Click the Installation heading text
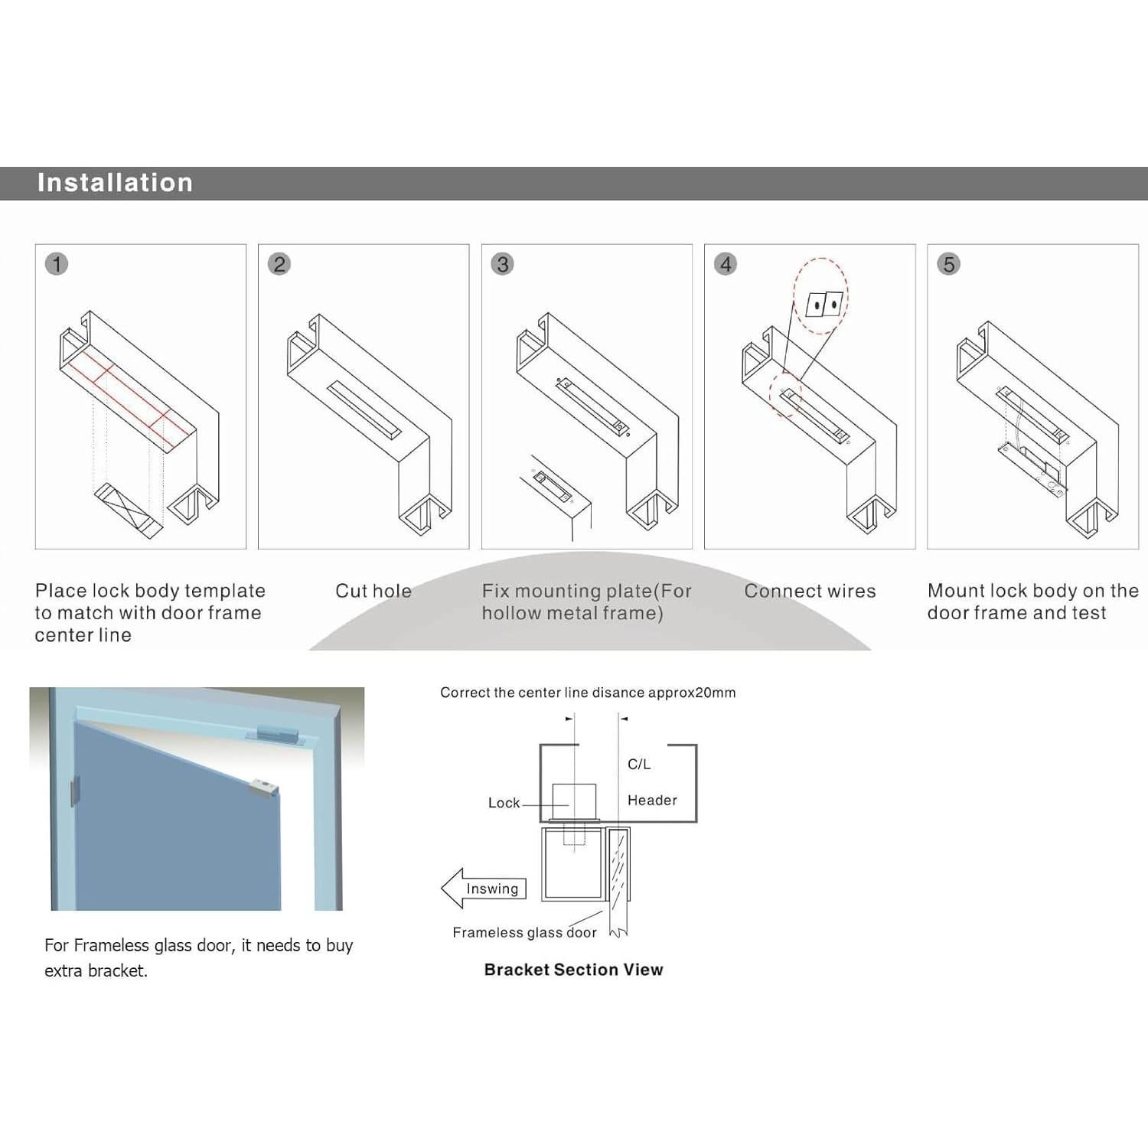(115, 183)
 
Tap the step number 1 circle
(57, 264)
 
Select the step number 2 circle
(279, 264)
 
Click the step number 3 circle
(502, 264)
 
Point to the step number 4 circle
(726, 264)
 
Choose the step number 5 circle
(948, 264)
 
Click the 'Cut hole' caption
(373, 591)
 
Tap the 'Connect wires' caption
(810, 591)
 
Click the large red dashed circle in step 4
(820, 295)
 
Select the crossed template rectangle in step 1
(129, 508)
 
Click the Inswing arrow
(484, 888)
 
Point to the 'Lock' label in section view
(504, 803)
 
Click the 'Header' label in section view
(652, 801)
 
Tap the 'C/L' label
(639, 764)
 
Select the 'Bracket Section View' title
(573, 970)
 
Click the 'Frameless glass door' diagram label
(524, 932)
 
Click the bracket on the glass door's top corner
(263, 788)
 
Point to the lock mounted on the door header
(276, 733)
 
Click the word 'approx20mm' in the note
(692, 693)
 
